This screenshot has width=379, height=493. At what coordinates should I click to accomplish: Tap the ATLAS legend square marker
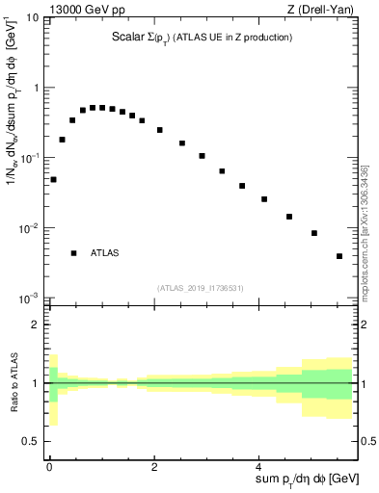[73, 253]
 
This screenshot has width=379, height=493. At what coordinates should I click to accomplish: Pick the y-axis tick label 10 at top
[31, 17]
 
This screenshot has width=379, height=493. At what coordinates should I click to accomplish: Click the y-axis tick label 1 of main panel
[36, 89]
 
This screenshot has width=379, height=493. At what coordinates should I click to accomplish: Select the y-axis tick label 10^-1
[30, 158]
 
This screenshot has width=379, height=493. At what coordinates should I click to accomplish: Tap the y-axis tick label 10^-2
[30, 228]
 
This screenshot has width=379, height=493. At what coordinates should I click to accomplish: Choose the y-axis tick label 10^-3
[30, 298]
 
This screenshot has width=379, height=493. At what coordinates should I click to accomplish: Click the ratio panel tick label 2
[36, 325]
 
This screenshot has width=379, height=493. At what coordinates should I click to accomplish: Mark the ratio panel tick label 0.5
[31, 441]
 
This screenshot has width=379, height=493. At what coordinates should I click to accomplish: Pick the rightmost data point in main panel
[339, 256]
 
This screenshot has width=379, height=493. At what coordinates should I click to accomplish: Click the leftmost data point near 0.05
[54, 179]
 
